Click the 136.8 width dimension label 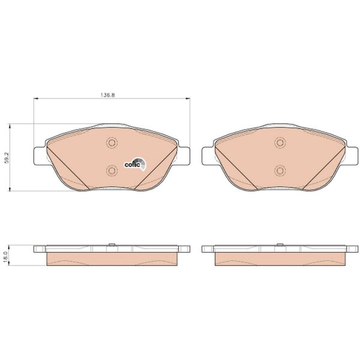(x=107, y=95)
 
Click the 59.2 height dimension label (x=7, y=158)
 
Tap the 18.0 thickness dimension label (x=6, y=256)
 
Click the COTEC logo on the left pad (x=135, y=164)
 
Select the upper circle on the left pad (x=112, y=143)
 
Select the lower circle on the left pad (x=112, y=170)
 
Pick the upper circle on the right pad (x=280, y=143)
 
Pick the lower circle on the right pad (x=280, y=170)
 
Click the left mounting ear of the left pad (x=40, y=156)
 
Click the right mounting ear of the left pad (x=184, y=156)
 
